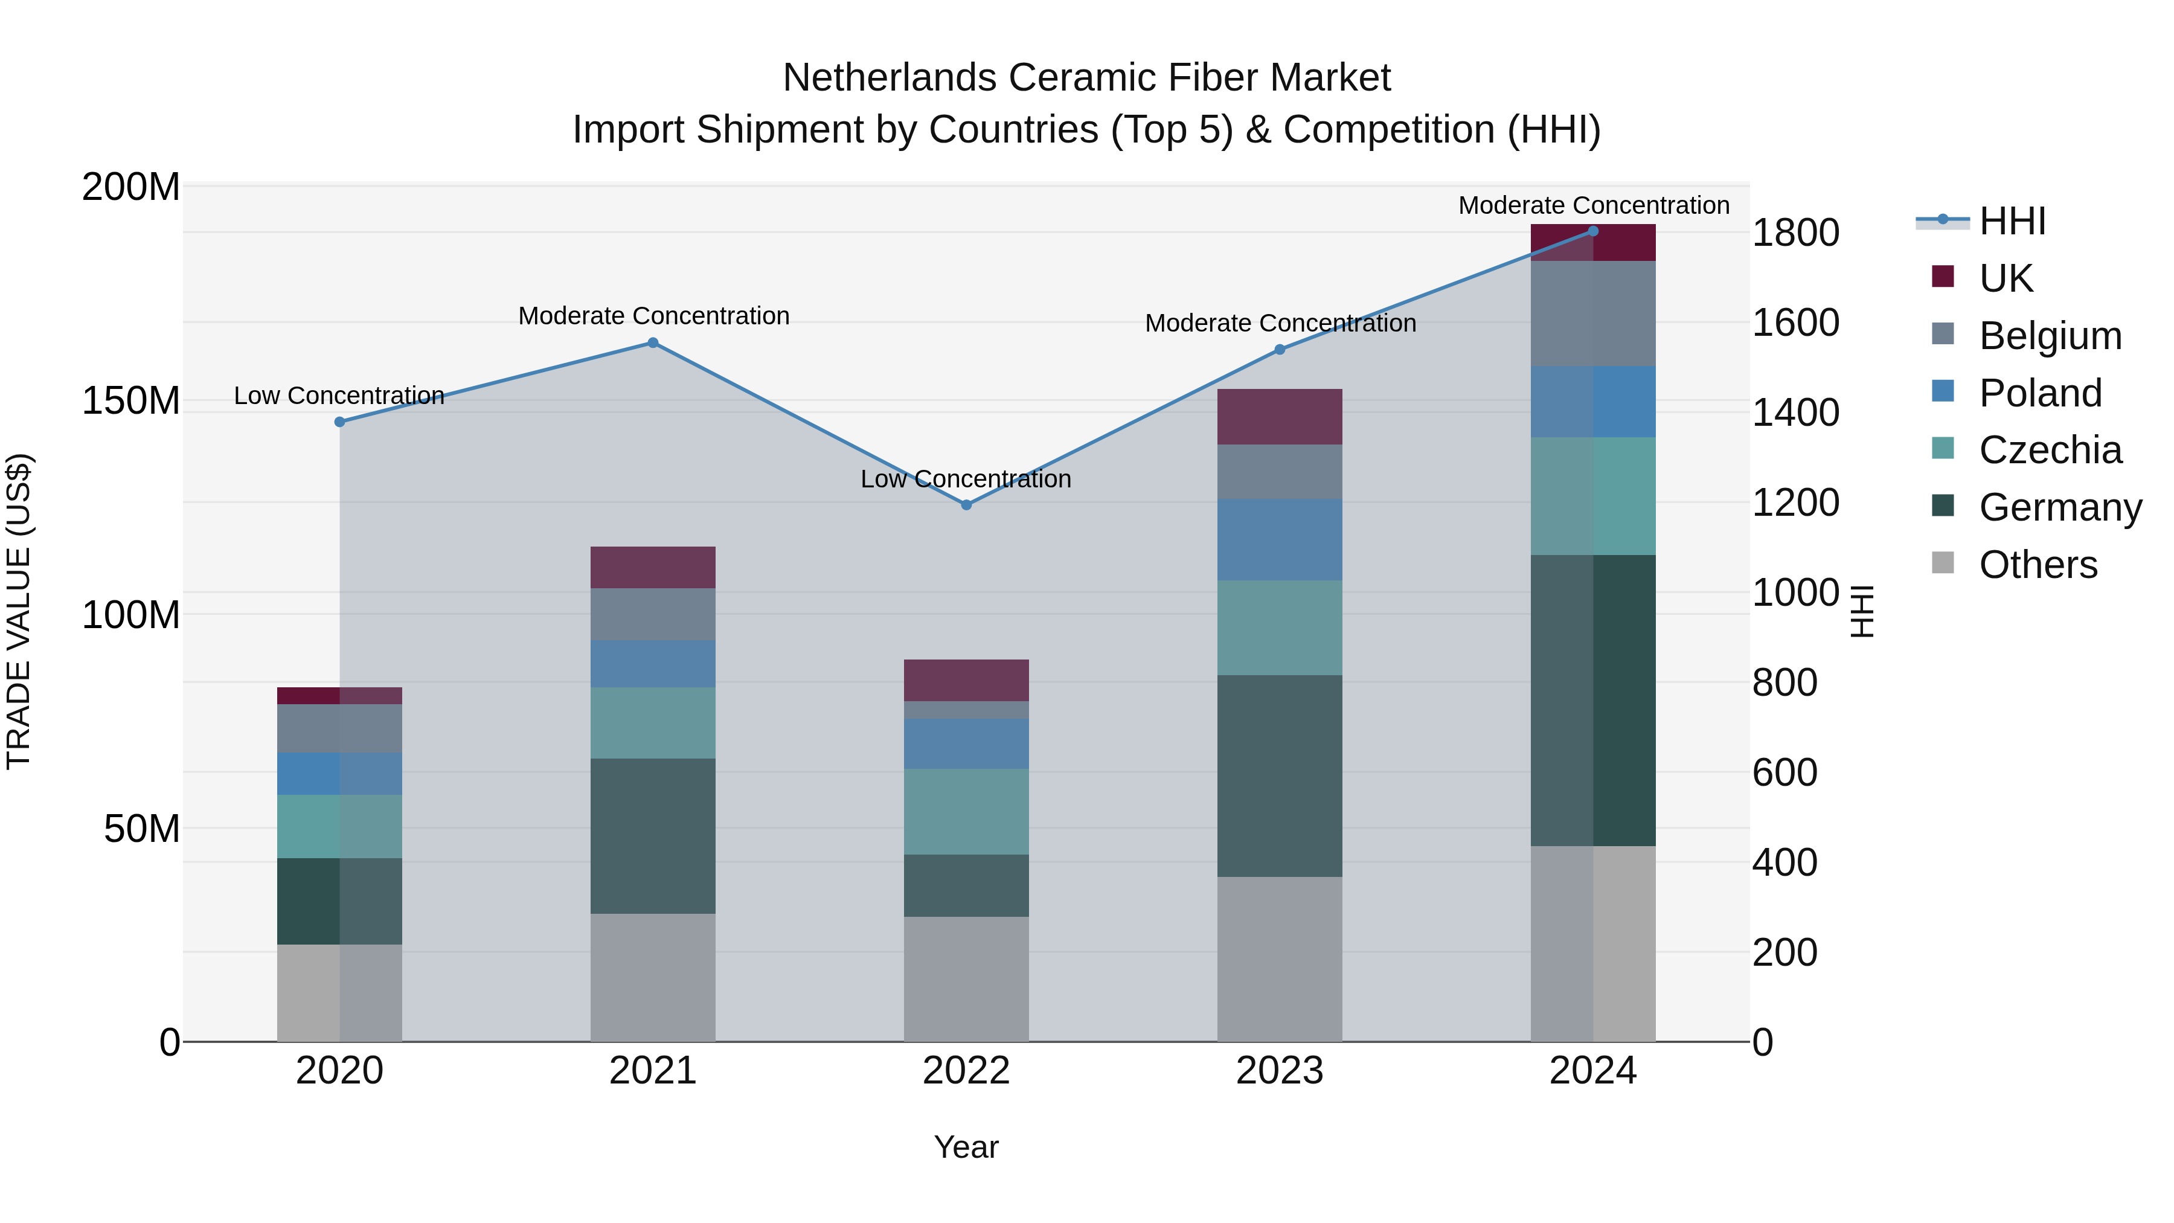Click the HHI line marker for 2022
pos(966,505)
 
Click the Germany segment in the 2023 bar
pos(1280,775)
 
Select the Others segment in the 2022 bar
pos(966,979)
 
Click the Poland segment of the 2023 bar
pos(1280,539)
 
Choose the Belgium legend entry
pos(2049,336)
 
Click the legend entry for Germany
pos(2059,507)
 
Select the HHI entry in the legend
pos(2012,221)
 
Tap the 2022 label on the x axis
pos(966,1071)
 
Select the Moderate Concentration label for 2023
pos(1280,323)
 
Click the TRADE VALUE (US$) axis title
pos(19,611)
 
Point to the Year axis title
pos(966,1147)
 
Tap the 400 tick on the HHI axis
pos(1784,862)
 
